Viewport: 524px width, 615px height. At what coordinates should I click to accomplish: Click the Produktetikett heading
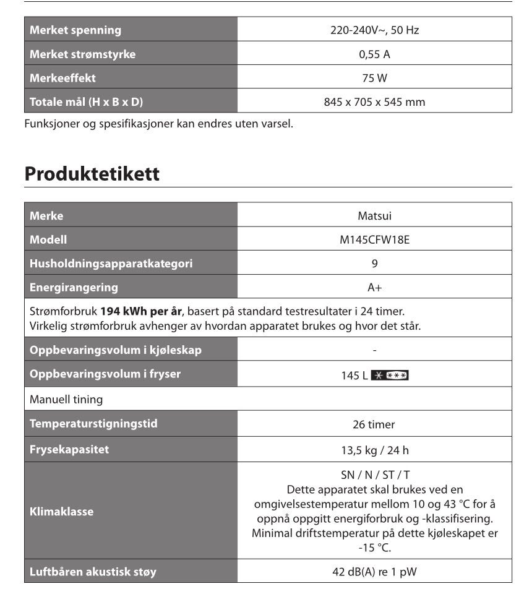(x=92, y=174)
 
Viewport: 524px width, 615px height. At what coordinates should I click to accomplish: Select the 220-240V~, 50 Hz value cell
(x=374, y=30)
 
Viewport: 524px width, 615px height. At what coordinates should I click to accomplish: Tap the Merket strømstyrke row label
(x=83, y=54)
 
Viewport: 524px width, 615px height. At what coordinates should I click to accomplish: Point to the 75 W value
(x=374, y=78)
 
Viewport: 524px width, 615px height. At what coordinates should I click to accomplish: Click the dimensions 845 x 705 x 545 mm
(x=374, y=102)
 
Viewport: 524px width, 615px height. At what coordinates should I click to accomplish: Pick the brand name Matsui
(x=374, y=216)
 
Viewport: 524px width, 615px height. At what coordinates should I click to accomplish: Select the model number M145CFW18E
(x=374, y=239)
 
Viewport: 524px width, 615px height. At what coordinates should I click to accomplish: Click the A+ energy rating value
(x=374, y=287)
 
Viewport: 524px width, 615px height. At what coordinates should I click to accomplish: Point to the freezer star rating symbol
(x=390, y=376)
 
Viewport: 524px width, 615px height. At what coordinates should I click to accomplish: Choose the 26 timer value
(x=374, y=424)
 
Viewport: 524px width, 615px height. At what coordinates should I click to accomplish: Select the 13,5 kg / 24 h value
(x=374, y=450)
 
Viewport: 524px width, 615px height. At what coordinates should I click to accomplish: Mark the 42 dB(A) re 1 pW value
(x=374, y=572)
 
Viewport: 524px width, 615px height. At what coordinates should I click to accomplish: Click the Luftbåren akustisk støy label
(x=93, y=572)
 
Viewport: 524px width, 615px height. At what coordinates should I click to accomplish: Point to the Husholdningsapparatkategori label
(x=111, y=264)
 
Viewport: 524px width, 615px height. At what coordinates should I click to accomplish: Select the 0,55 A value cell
(x=374, y=54)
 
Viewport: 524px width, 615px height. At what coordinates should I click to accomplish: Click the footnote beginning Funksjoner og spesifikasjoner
(x=158, y=123)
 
